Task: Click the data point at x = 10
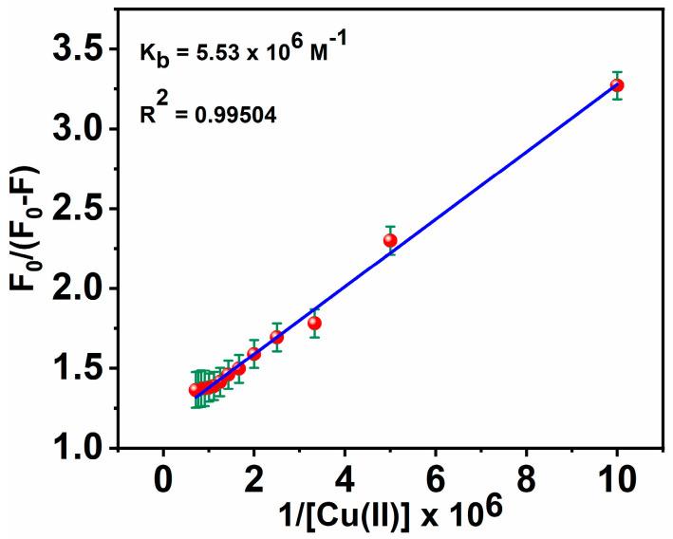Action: click(x=617, y=85)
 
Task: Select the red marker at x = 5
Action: click(x=390, y=240)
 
